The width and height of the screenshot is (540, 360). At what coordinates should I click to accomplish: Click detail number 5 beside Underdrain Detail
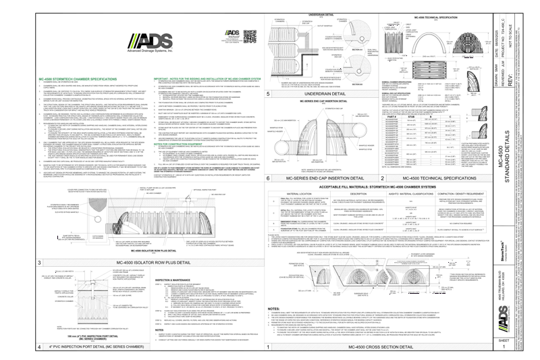click(x=269, y=94)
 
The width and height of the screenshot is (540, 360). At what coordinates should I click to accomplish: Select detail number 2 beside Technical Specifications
click(x=382, y=178)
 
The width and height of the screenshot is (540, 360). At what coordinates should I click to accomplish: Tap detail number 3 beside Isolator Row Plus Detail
click(x=40, y=262)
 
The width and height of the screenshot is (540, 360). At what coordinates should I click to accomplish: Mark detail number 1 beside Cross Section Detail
click(x=269, y=346)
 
